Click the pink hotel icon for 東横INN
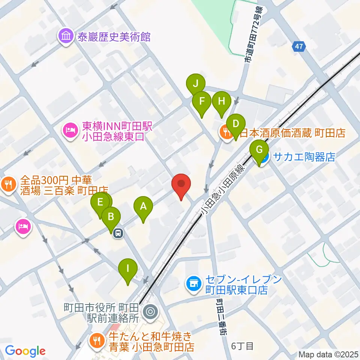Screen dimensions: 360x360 71,130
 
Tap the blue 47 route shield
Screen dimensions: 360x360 299,47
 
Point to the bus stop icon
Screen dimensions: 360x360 118,233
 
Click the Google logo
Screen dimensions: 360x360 25,351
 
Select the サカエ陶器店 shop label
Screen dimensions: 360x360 304,156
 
